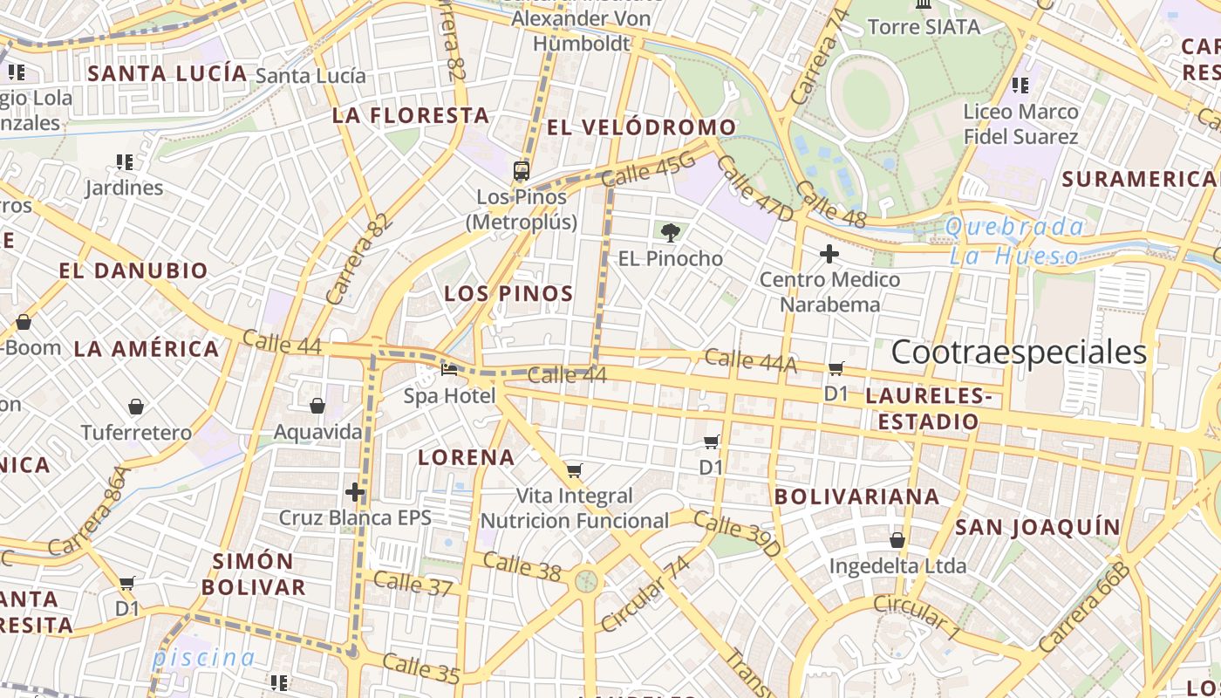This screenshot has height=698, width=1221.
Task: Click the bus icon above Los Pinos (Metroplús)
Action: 522,170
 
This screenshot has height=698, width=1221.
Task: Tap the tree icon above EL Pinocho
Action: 670,233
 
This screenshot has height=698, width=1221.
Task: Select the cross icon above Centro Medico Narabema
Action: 829,254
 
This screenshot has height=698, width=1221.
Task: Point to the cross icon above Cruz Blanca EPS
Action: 355,491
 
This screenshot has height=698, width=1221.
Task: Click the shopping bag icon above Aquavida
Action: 317,406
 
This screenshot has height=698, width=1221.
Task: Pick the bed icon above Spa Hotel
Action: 449,370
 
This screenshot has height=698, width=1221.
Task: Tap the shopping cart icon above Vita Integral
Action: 574,471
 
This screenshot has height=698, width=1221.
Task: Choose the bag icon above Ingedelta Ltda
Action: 897,541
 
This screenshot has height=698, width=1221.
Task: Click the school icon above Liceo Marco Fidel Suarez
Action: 1020,86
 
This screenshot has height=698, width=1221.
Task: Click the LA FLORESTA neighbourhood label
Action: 410,115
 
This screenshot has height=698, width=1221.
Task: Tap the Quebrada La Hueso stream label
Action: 1014,242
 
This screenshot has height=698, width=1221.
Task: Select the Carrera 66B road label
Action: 1085,608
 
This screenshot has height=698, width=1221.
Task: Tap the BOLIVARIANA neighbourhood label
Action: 856,496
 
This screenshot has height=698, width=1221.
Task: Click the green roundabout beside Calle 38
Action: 586,580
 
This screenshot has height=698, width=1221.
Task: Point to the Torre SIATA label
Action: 924,27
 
